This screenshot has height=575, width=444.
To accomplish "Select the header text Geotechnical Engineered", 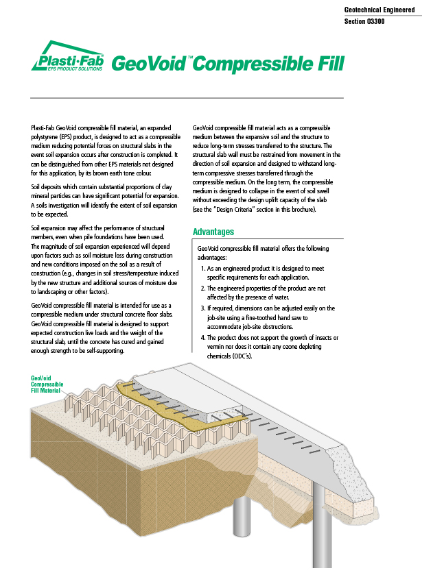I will [x=379, y=10].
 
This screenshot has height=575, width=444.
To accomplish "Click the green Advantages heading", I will [x=213, y=232].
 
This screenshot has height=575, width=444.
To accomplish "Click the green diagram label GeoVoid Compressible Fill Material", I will [x=46, y=384].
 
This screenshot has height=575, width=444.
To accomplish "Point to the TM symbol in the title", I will [x=190, y=58].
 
